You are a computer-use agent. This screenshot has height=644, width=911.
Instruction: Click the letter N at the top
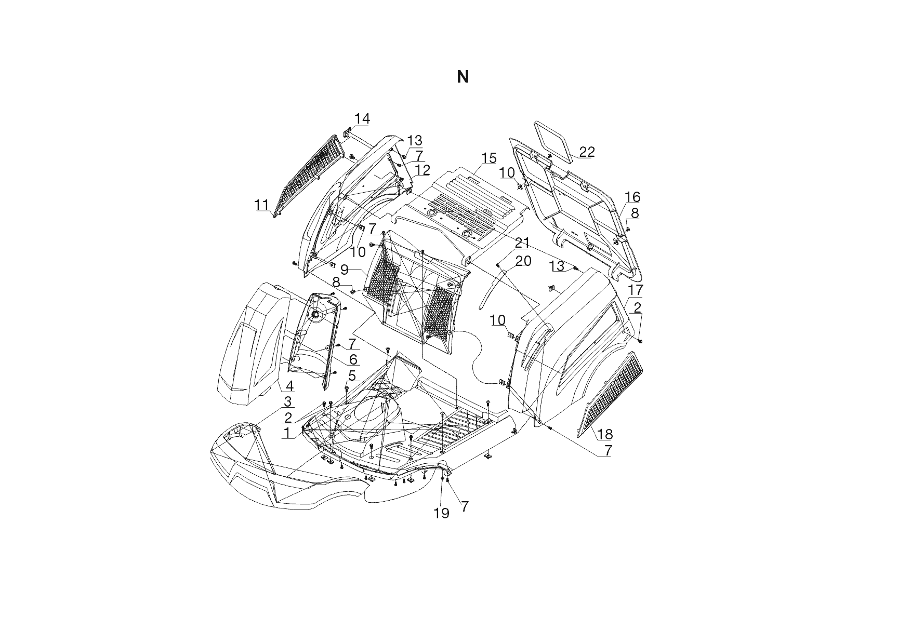463,77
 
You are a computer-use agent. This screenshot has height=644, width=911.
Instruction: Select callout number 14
362,119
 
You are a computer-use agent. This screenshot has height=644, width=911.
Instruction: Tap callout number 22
587,152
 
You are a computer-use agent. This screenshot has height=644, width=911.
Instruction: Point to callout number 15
488,158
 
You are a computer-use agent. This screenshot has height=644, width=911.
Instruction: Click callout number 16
632,197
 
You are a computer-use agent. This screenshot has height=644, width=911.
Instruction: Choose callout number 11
261,205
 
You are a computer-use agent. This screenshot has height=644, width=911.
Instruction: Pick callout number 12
423,170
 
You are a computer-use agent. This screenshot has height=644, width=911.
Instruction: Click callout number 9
345,270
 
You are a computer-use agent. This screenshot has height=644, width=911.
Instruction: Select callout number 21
522,243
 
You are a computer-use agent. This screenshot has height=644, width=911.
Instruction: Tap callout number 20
523,261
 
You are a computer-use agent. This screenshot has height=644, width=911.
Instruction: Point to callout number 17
636,290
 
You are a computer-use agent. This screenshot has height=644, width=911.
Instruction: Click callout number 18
605,434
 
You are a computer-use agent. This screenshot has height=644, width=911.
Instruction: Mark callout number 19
441,513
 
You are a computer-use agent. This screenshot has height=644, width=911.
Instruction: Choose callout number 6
353,359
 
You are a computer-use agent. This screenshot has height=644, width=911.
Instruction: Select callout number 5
352,375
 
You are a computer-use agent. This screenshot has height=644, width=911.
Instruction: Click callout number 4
289,386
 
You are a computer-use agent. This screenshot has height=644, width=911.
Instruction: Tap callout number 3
287,401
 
